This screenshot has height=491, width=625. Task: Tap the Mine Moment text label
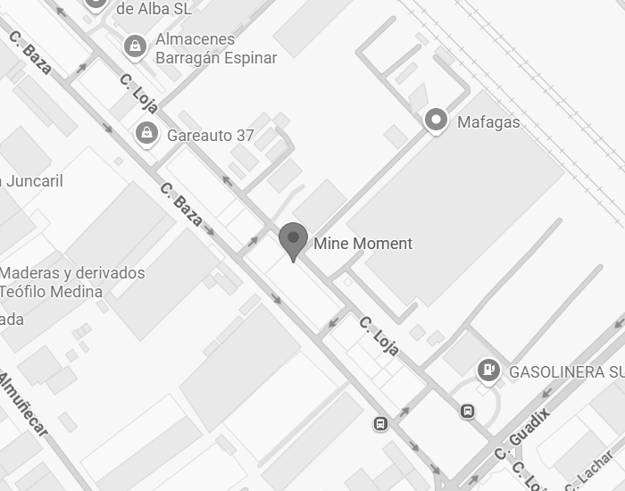362,244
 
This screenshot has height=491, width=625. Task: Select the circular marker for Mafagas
436,120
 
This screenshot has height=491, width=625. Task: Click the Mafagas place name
488,122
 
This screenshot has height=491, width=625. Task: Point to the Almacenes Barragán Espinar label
215,49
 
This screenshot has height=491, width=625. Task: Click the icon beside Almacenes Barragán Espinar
135,46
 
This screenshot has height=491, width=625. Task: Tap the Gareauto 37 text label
210,136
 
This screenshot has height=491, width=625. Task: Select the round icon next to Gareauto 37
146,135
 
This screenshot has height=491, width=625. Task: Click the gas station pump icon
487,369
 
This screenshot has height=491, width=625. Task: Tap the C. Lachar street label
590,470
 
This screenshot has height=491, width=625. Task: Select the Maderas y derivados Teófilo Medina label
72,282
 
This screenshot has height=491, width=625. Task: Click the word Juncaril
34,181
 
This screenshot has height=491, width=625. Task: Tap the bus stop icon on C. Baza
381,423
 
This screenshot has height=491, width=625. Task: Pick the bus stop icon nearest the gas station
467,412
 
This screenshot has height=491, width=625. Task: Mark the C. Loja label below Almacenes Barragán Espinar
138,93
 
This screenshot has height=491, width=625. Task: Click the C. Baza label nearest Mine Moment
181,204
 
